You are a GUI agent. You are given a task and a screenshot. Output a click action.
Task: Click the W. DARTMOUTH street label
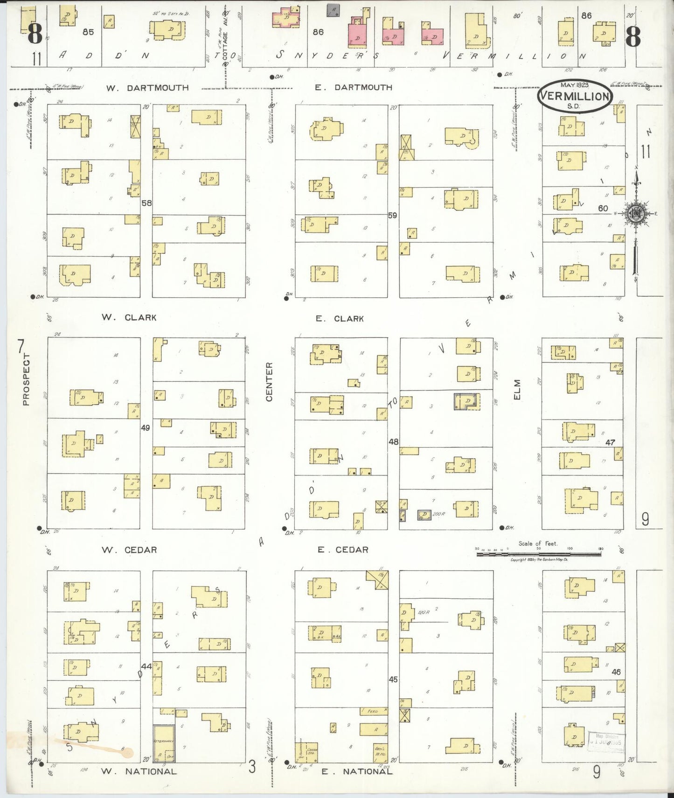(x=147, y=88)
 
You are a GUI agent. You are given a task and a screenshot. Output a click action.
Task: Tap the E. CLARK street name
(x=339, y=319)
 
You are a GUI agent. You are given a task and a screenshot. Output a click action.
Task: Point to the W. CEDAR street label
(x=129, y=550)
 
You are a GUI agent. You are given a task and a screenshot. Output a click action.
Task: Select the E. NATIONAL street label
(x=356, y=771)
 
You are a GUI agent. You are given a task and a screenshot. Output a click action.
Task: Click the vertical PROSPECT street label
(x=26, y=379)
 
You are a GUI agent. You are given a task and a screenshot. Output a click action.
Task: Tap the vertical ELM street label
(x=517, y=390)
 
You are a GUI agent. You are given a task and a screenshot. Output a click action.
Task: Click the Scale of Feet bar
(x=539, y=554)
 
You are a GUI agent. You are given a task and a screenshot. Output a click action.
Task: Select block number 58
(x=146, y=203)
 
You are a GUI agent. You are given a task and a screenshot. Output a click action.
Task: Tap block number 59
(x=393, y=215)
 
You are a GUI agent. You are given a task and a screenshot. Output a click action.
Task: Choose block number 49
(x=146, y=427)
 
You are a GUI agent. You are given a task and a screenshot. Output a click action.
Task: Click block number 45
(x=393, y=679)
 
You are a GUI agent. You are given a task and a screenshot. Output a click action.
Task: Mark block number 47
(x=610, y=442)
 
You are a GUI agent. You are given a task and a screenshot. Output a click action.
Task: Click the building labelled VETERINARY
(x=164, y=743)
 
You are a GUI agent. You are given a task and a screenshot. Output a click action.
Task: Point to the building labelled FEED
(x=373, y=711)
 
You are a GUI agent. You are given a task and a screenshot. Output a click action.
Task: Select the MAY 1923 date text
(x=574, y=85)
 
